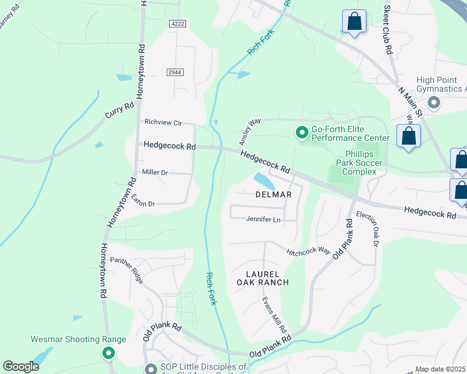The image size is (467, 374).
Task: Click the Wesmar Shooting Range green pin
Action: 109,353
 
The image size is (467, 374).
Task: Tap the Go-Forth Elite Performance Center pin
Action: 302,132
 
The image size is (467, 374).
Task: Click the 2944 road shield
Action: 175,72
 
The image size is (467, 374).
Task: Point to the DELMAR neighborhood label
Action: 273,194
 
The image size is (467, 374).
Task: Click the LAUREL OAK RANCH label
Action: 263,278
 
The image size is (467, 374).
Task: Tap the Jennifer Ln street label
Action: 263,219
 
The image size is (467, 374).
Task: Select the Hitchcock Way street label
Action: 308,251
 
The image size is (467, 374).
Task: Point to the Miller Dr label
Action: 155,172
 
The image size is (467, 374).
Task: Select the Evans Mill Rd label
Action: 274,315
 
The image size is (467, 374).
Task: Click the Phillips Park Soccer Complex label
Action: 361,163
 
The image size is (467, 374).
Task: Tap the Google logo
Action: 21,367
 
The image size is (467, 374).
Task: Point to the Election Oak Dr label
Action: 367,228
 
